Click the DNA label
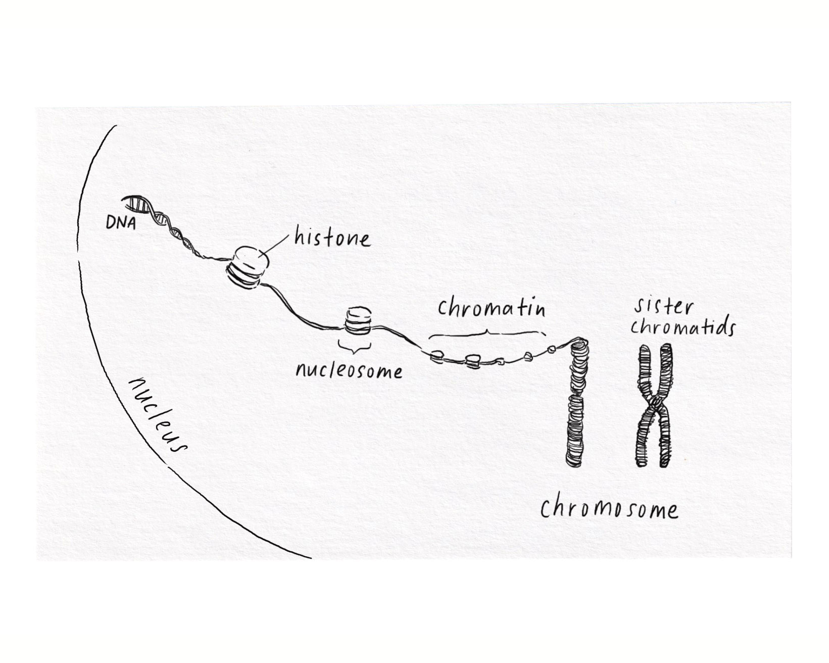click(121, 223)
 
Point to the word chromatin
click(492, 308)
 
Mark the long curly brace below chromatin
click(487, 333)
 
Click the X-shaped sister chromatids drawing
click(655, 405)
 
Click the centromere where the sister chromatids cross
click(655, 404)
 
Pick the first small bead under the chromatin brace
click(437, 357)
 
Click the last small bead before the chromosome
click(552, 349)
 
